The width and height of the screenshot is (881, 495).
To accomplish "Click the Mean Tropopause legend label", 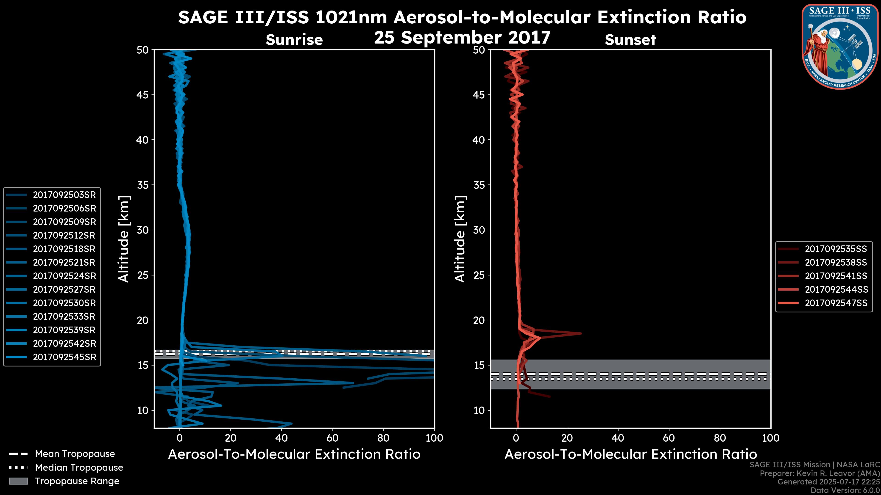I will (x=75, y=454).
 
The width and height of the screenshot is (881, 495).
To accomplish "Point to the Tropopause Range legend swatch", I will (x=18, y=481).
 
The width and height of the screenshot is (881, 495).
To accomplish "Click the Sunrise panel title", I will (x=294, y=40).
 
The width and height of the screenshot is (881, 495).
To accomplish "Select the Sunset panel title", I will (x=630, y=40).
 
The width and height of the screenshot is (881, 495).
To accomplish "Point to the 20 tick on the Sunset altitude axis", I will (x=479, y=320).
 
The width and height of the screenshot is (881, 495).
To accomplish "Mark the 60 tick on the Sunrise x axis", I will (x=332, y=438).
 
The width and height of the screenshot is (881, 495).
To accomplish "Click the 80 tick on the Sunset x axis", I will (x=720, y=438).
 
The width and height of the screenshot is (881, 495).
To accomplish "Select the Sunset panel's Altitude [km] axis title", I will (x=460, y=239).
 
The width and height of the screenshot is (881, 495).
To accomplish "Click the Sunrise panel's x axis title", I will (x=294, y=454).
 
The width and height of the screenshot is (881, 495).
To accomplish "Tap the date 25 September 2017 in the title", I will (x=462, y=37).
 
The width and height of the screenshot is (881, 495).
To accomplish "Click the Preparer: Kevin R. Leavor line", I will (x=820, y=473).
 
